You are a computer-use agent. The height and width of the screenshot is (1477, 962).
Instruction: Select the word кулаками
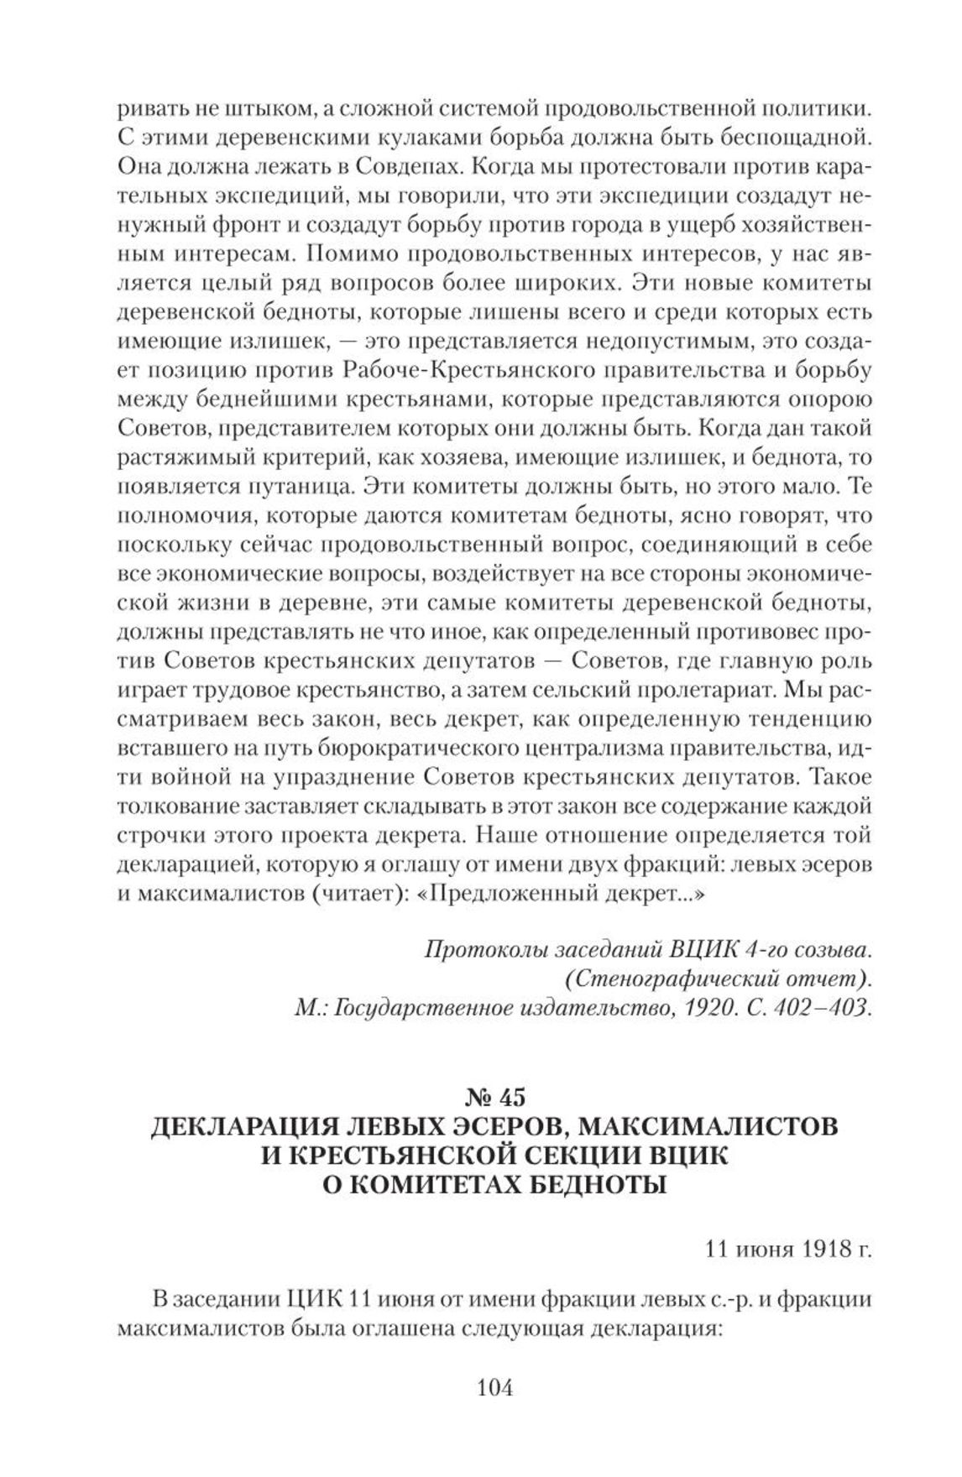[x=367, y=138]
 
